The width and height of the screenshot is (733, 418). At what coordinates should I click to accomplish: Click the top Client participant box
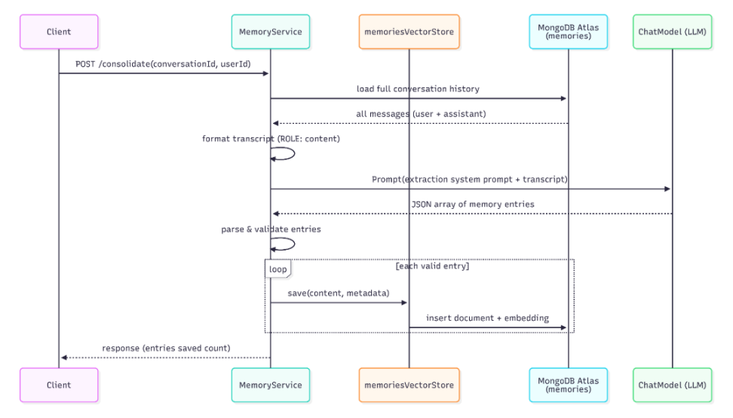tap(59, 32)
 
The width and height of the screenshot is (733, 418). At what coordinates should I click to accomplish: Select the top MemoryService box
tap(271, 32)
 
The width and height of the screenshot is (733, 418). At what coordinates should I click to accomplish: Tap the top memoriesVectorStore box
tap(409, 32)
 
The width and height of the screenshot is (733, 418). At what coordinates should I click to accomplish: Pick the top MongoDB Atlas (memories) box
tap(569, 32)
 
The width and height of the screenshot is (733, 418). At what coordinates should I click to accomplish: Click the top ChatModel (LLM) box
tap(672, 32)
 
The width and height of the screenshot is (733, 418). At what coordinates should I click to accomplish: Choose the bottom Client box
tap(59, 385)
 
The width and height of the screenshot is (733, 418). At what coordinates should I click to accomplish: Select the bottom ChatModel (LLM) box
tap(672, 385)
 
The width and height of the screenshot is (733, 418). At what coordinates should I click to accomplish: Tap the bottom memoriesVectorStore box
tap(409, 385)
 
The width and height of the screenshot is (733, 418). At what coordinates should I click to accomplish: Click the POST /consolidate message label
tap(163, 64)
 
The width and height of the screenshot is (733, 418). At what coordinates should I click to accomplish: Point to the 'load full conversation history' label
tap(418, 89)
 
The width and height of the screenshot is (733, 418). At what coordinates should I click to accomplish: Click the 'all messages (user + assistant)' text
tap(421, 114)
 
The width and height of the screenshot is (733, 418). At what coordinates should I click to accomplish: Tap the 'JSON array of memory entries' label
tap(473, 204)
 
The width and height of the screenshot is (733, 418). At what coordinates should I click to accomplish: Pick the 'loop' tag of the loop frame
tap(278, 269)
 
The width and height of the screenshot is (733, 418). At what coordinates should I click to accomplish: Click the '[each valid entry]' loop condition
tap(432, 266)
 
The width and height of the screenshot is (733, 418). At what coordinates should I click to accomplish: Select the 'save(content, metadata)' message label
tap(339, 294)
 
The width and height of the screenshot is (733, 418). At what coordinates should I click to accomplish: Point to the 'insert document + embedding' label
tap(488, 318)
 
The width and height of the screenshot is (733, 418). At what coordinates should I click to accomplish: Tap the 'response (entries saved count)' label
tap(166, 349)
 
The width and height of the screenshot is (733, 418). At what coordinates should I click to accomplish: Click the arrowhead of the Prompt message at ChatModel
tap(667, 189)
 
